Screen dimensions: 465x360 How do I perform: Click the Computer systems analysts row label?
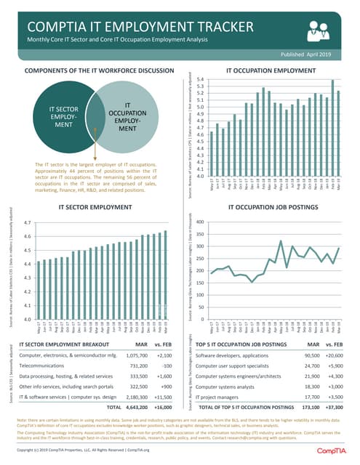(232, 389)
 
